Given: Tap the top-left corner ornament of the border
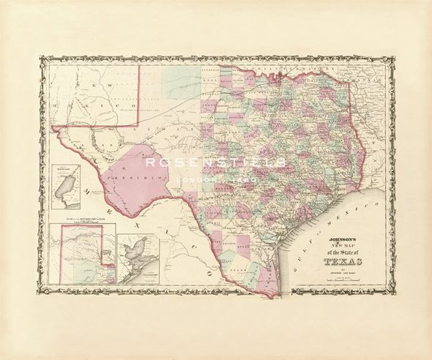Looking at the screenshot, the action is click(43, 61).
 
